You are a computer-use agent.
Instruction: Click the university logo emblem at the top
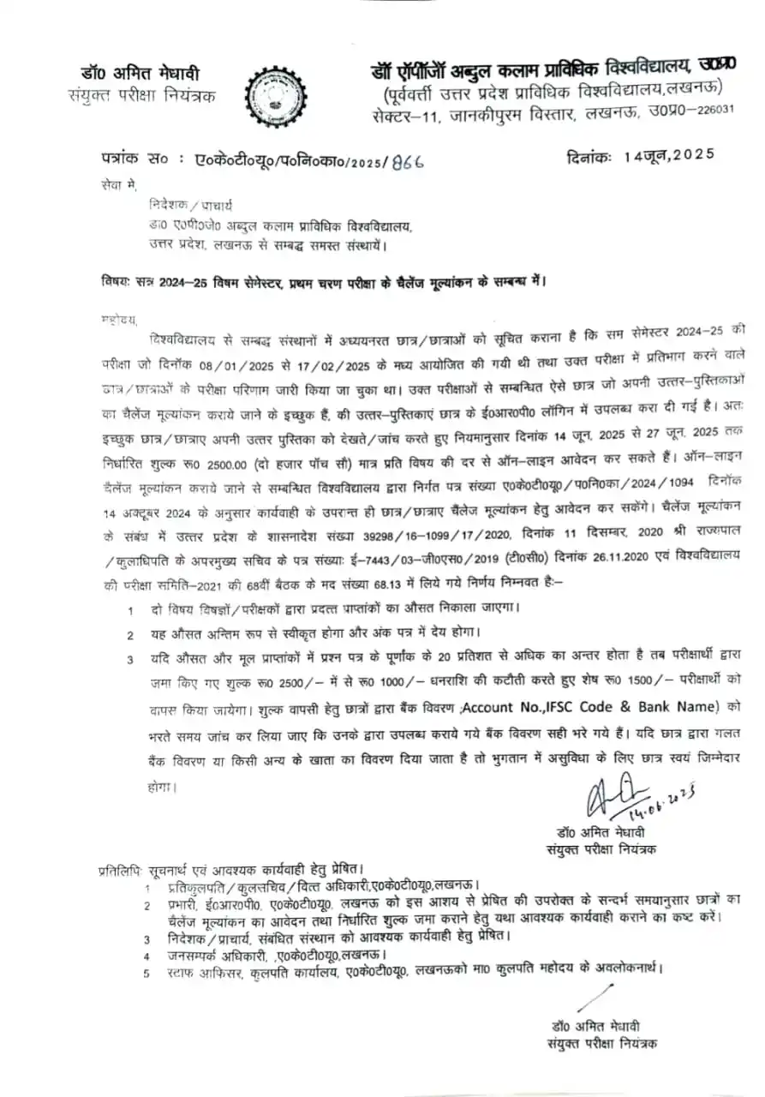click(273, 94)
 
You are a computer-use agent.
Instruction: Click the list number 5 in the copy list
click(146, 973)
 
